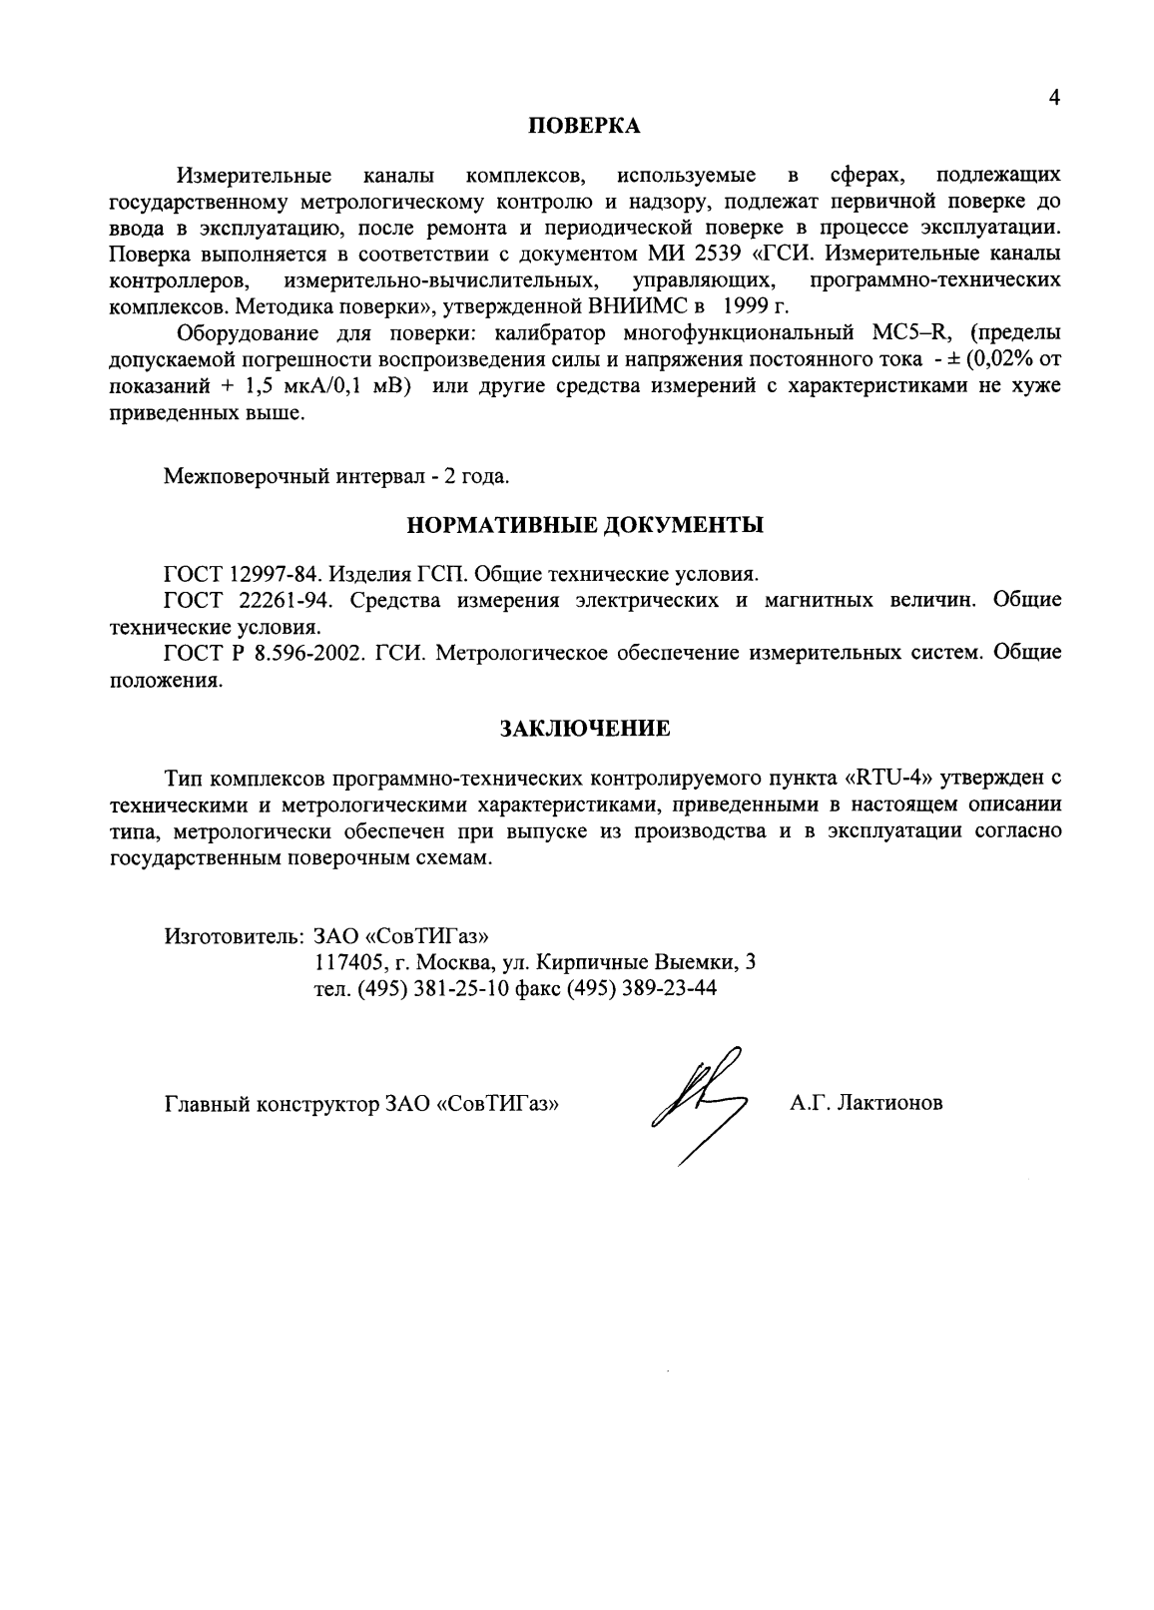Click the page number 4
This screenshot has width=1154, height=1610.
(x=1054, y=98)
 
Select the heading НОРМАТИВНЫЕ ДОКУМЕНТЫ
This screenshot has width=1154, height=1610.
(x=585, y=524)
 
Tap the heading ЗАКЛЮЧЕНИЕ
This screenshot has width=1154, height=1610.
(x=584, y=729)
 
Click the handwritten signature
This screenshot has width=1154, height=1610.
(x=696, y=1104)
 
